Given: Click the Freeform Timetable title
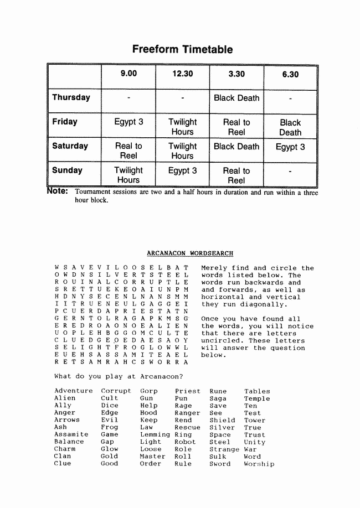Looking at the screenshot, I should tap(182, 50).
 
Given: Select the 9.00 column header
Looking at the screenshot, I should tap(128, 74).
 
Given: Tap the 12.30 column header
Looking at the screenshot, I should tap(182, 74).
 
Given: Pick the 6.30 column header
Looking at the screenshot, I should tap(290, 75).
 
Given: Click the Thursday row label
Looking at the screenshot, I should tap(71, 97).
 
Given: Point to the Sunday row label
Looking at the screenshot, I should tap(67, 170).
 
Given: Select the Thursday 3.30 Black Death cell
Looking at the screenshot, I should tap(236, 98).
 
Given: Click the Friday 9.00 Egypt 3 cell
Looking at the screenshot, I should tap(128, 122).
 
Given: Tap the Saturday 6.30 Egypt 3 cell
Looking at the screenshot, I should tap(290, 147).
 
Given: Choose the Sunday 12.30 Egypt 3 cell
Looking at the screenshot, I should tap(182, 171).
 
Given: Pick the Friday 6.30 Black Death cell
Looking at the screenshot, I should tap(290, 127).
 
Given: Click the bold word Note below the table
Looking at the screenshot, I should tap(58, 191).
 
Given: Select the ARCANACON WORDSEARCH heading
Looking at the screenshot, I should tap(190, 253).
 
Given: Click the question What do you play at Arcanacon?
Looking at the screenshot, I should tap(119, 377).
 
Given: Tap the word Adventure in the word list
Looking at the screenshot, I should tap(73, 391).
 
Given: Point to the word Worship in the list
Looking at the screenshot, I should tap(259, 464).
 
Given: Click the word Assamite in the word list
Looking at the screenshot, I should tap(71, 435).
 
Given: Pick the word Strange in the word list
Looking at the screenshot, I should tap(224, 449).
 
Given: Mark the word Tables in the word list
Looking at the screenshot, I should tap(257, 391).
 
